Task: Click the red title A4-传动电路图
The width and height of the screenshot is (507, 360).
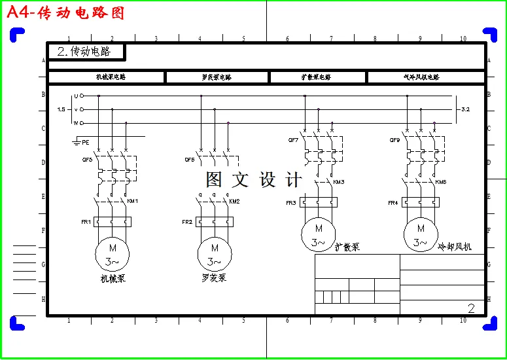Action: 65,13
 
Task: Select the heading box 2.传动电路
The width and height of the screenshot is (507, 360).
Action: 86,52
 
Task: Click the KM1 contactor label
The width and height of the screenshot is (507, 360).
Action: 132,201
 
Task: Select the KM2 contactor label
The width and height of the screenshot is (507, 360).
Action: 234,201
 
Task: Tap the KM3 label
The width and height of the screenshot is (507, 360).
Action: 338,182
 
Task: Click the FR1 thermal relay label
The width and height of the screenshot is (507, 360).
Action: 86,223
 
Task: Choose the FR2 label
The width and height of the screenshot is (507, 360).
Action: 187,223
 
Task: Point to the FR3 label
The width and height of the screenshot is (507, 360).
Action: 291,203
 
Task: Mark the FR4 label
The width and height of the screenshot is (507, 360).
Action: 393,203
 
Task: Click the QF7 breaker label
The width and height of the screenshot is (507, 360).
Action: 293,140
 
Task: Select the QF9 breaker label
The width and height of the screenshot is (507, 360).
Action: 394,140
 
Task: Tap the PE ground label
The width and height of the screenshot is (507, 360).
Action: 86,141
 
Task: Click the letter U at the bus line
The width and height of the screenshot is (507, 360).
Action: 75,96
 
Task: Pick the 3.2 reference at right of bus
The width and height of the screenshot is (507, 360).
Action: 466,109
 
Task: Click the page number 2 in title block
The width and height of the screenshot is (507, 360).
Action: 471,308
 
